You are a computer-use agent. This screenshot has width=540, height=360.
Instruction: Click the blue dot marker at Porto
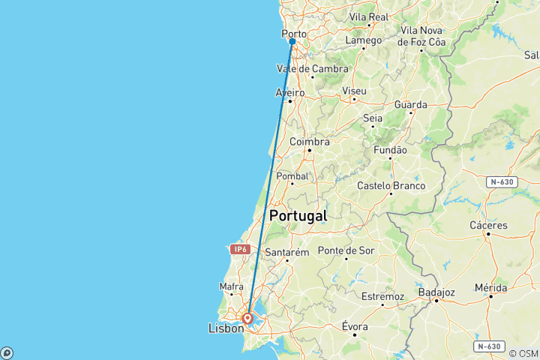292,41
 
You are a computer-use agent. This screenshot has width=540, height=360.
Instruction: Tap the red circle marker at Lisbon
247,318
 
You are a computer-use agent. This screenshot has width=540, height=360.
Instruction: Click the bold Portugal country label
298,215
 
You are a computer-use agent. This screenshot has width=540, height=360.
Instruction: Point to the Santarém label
286,253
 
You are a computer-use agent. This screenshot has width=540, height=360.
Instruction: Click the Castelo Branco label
391,185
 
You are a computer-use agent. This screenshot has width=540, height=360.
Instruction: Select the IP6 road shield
239,249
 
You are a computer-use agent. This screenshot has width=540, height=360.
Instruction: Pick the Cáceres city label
488,225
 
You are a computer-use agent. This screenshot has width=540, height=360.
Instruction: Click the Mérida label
490,287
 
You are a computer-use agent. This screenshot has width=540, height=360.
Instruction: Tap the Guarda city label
410,105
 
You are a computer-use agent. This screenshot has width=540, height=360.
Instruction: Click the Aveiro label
290,92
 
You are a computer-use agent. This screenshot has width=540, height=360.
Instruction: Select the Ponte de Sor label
346,250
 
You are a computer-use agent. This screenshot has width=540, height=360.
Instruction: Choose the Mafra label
231,286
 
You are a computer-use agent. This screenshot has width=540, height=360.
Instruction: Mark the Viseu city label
354,91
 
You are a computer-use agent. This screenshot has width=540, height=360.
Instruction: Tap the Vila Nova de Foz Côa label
423,36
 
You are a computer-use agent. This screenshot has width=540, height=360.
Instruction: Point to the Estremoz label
383,296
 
